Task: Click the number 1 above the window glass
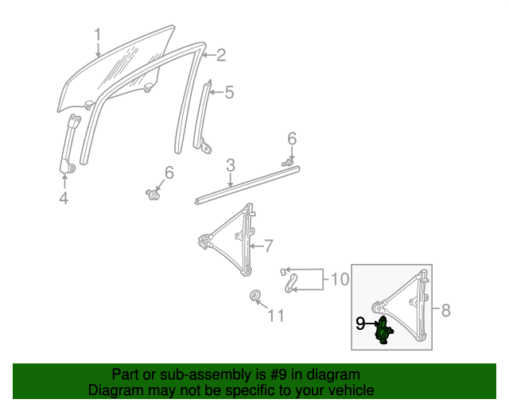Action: point(98,36)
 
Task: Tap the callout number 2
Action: point(220,55)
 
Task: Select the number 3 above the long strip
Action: point(230,165)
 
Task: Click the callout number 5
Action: point(229,93)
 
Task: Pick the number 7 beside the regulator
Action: point(268,245)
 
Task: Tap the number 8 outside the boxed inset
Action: point(445,310)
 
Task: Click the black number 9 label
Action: point(359,324)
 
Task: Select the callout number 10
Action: point(339,279)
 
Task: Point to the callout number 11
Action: point(275,316)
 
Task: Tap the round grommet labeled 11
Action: point(256,297)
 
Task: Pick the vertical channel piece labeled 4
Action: point(70,143)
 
